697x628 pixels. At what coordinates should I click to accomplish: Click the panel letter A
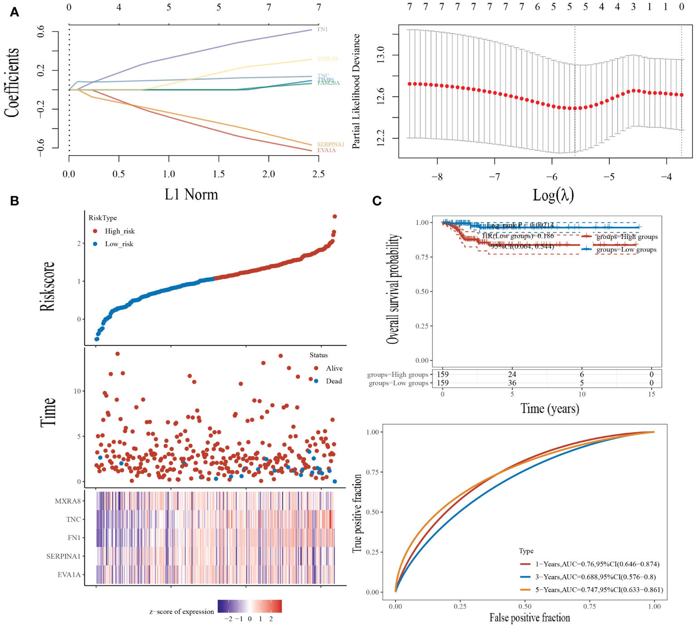coord(15,12)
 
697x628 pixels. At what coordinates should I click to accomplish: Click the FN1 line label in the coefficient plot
coord(322,29)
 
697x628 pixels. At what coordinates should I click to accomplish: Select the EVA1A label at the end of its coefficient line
coord(326,151)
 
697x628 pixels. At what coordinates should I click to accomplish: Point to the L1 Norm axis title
coord(191,195)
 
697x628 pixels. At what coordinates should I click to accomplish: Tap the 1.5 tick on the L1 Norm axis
coord(219,174)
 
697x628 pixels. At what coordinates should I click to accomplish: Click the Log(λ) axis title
coord(553,195)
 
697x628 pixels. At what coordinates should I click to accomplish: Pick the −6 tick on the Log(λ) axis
coord(551,177)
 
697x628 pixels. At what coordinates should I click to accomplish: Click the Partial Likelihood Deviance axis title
coord(356,91)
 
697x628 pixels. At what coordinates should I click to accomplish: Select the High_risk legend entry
coord(119,231)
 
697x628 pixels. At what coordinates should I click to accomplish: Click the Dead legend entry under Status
coord(334,381)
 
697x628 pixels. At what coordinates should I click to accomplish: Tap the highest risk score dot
coord(335,217)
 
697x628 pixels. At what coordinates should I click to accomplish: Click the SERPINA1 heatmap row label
coord(64,556)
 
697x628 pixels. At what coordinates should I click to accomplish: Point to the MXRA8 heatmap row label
coord(68,501)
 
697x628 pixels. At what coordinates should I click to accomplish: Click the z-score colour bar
coord(250,606)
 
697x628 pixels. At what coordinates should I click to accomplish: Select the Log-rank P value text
coord(520,225)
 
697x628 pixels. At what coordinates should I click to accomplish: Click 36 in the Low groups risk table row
coord(512,383)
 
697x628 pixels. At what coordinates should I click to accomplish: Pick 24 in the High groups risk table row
coord(512,375)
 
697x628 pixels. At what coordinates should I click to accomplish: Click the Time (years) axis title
coord(550,409)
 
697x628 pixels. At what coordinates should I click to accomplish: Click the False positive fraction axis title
coord(530,618)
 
